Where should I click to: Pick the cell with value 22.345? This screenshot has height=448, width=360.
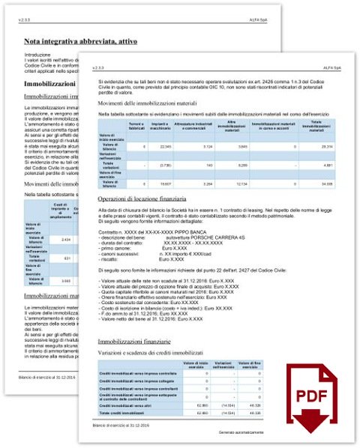pyautogui.click(x=166, y=147)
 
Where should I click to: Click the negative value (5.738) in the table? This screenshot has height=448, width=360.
pyautogui.click(x=166, y=163)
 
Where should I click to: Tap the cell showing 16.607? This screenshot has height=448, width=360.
pyautogui.click(x=166, y=183)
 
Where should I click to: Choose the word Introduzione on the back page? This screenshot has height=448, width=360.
pyautogui.click(x=38, y=55)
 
